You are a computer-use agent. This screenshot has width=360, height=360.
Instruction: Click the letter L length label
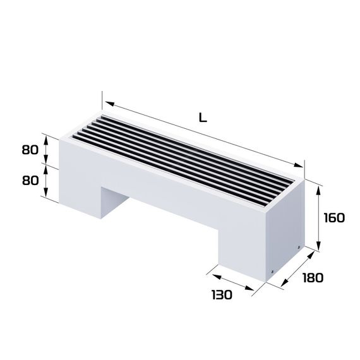click(203, 117)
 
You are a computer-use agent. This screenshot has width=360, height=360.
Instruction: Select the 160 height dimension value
click(334, 218)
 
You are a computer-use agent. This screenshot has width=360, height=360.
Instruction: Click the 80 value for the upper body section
click(30, 150)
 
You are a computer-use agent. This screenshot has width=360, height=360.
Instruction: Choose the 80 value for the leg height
click(30, 179)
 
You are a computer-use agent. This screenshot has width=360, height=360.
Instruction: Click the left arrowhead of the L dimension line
click(107, 101)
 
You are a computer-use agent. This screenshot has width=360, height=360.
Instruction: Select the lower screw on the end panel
click(272, 272)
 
